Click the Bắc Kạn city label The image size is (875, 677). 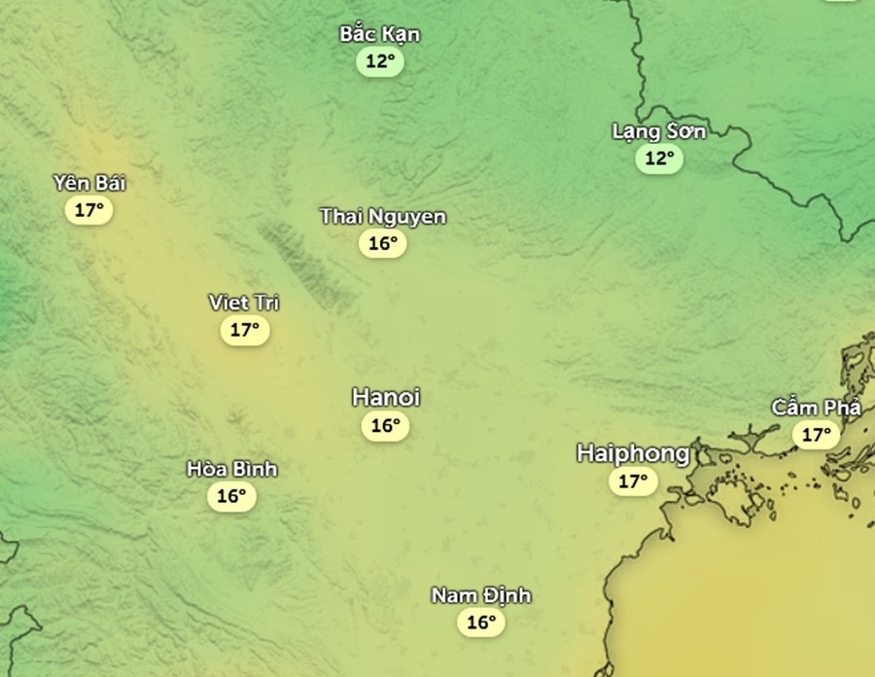click(x=380, y=35)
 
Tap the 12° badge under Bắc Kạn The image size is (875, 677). click(x=380, y=62)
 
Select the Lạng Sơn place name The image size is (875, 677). click(x=659, y=131)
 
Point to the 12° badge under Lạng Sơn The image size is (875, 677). click(x=659, y=158)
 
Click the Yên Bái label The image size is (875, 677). click(x=89, y=183)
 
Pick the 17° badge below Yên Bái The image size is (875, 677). click(x=89, y=209)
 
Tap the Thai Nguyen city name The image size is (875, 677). click(x=383, y=216)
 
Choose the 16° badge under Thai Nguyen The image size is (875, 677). click(x=383, y=243)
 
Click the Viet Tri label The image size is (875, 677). click(x=244, y=303)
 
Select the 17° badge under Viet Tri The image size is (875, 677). click(x=244, y=330)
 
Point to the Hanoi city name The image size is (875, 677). click(x=386, y=397)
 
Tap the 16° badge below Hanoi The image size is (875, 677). click(x=386, y=425)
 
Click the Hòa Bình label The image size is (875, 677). click(x=232, y=469)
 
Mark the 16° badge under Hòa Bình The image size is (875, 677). click(x=231, y=496)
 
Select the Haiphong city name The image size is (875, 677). click(x=633, y=452)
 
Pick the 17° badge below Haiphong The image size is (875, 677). click(x=633, y=481)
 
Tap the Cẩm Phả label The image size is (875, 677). click(x=817, y=408)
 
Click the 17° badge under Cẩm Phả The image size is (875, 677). click(x=816, y=435)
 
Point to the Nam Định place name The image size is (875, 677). click(x=481, y=595)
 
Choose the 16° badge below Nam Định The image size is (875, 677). click(x=481, y=623)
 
